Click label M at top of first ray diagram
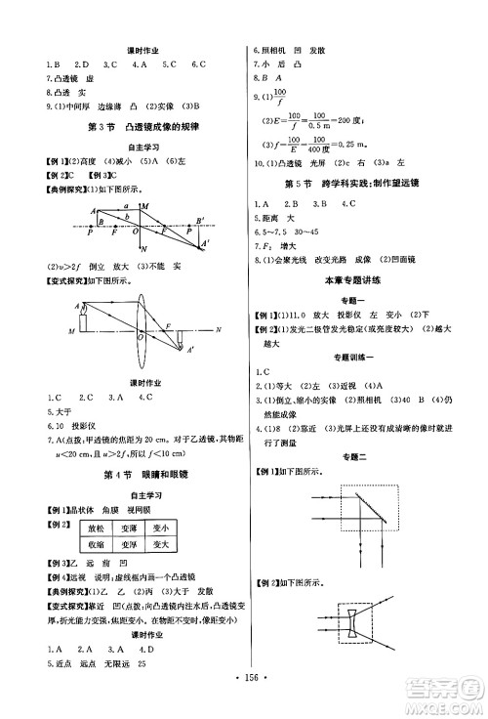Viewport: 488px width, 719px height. pos(144,206)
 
